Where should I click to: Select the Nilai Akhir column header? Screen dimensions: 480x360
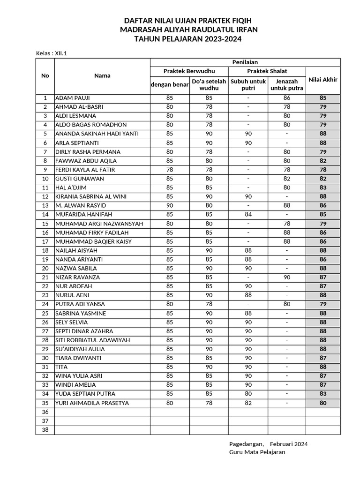coord(322,80)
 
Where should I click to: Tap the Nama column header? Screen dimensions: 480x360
coord(102,75)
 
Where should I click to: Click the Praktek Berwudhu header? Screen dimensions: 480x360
coord(189,71)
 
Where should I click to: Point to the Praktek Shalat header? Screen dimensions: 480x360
coord(267,71)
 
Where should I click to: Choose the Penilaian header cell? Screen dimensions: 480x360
coord(245,62)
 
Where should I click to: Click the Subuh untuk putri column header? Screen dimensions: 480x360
coord(248,84)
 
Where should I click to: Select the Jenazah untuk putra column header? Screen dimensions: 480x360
coord(287,84)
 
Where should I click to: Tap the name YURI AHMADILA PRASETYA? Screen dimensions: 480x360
coord(92,403)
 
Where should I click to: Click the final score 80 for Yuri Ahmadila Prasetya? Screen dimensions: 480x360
coord(322,403)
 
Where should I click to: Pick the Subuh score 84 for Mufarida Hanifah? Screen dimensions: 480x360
coord(248,215)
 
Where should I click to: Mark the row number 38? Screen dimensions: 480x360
coord(45,429)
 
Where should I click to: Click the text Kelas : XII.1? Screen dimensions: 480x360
coord(52,53)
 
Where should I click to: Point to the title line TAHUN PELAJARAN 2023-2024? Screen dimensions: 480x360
coord(188,39)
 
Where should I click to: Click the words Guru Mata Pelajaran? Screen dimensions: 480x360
coord(257,452)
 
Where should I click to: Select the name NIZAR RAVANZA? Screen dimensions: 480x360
coord(77,277)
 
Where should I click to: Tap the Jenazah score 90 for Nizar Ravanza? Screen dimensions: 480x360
coord(287,277)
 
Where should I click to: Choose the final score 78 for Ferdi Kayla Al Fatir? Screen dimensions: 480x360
coord(322,170)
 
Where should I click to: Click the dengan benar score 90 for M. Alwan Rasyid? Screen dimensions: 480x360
coord(170,206)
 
